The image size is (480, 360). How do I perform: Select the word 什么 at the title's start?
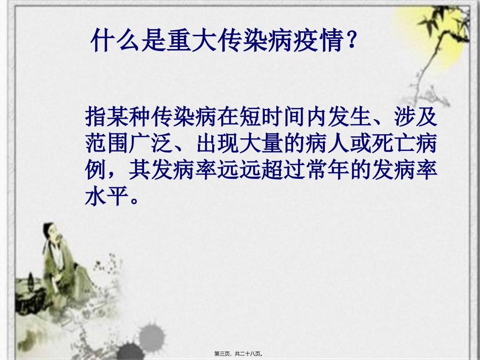pyautogui.click(x=115, y=41)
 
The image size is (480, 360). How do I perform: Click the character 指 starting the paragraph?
pyautogui.click(x=97, y=117)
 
